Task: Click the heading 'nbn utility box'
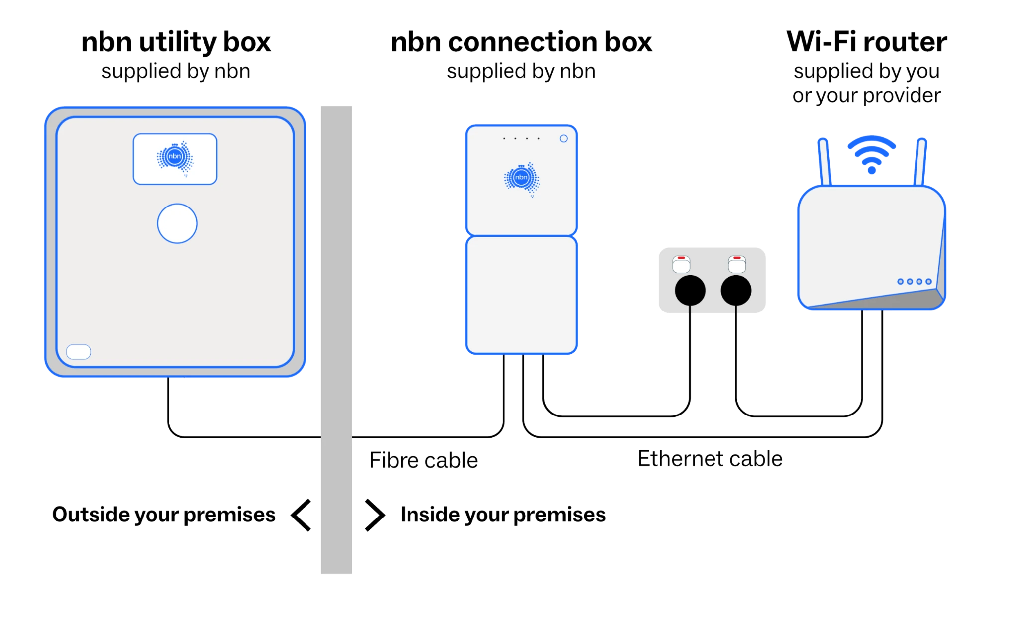coord(176,42)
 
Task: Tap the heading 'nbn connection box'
coord(521,42)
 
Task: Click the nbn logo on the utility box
coord(175,158)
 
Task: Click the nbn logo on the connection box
coord(521,179)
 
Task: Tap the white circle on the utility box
coord(177,223)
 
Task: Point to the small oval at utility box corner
coord(79,352)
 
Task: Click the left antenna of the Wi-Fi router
coord(824,162)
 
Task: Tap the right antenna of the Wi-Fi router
coord(919,162)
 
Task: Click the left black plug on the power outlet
coord(690,290)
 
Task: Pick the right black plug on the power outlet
coord(736,290)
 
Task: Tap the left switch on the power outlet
coord(681,264)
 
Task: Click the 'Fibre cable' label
coord(423,460)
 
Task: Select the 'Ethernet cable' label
coord(710,459)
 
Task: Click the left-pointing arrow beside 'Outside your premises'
coord(302,515)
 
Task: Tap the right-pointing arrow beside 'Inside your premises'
coord(375,515)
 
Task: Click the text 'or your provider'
coord(867,95)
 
